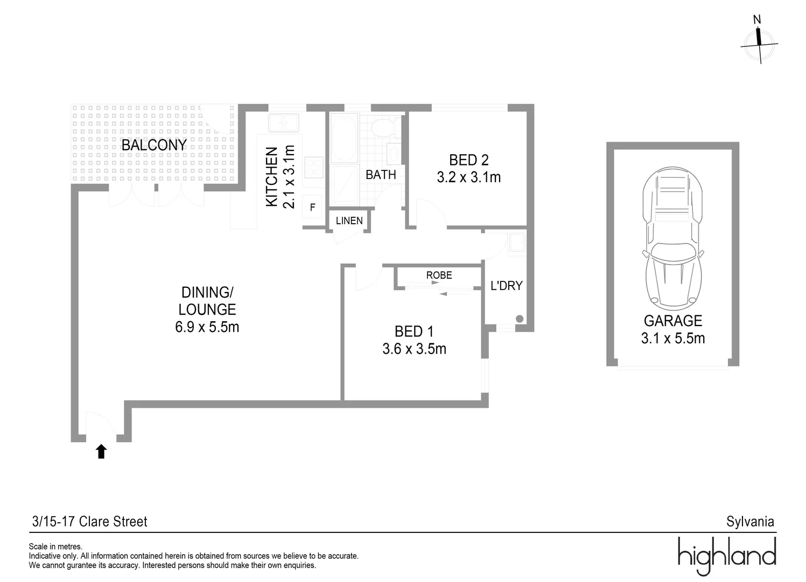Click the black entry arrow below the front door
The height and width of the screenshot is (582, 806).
(x=101, y=452)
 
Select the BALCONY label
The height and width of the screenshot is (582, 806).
(x=154, y=145)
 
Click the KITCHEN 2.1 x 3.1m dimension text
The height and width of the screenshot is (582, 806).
(x=289, y=176)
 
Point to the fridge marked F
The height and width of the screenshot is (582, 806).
(x=312, y=207)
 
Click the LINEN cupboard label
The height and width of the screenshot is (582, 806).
(x=349, y=220)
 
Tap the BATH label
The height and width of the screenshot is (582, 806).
(x=381, y=175)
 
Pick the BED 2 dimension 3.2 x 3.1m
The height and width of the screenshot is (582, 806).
(x=468, y=177)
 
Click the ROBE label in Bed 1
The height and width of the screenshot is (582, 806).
(x=439, y=275)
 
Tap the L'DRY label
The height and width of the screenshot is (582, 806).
(x=506, y=286)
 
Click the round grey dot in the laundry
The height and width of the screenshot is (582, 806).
(x=520, y=319)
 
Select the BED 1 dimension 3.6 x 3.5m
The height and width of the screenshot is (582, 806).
(x=414, y=349)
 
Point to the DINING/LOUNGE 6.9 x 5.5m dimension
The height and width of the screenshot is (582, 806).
(x=207, y=327)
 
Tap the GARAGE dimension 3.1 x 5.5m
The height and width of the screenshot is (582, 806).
(x=672, y=338)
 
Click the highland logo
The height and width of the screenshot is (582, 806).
(x=726, y=555)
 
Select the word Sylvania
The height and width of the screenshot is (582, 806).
(x=749, y=522)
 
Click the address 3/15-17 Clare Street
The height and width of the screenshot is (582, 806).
(x=90, y=522)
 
